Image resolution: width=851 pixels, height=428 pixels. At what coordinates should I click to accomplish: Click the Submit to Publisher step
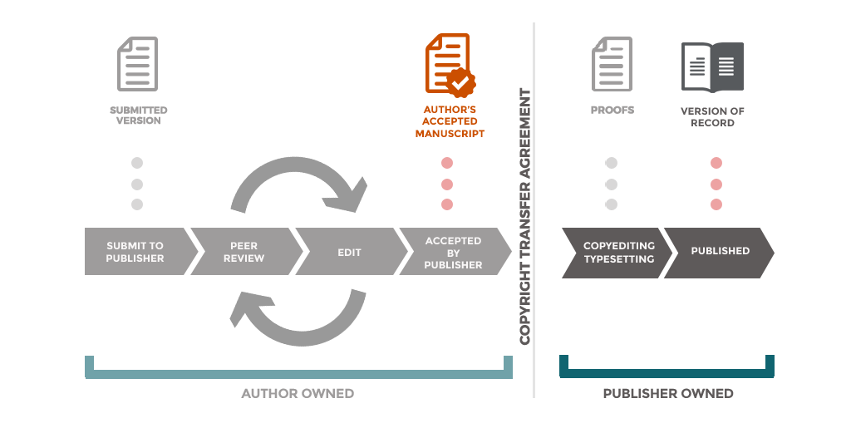(x=135, y=252)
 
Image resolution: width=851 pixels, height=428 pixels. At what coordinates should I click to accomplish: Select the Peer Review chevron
(x=243, y=252)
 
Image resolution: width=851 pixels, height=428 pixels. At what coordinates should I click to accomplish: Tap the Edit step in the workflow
(x=349, y=252)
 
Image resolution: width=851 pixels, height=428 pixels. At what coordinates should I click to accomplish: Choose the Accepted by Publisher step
(x=453, y=252)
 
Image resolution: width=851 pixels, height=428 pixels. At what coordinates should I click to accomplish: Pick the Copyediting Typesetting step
(x=612, y=252)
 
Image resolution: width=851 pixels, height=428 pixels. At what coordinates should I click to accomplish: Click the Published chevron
(x=720, y=251)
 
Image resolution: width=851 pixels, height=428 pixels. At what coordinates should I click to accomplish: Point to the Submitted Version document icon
(x=137, y=63)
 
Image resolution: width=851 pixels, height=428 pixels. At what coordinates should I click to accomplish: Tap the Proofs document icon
(x=612, y=63)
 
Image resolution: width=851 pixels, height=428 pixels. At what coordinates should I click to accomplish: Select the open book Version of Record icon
(x=712, y=66)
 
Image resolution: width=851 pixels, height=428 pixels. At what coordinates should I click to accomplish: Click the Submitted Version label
(x=138, y=116)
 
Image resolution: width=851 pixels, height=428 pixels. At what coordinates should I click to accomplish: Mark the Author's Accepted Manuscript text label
(x=450, y=121)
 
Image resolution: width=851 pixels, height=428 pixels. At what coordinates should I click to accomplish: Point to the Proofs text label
(x=612, y=110)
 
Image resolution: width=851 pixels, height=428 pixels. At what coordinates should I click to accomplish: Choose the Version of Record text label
(x=712, y=116)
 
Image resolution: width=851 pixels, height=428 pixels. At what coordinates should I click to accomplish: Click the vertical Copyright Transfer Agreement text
(x=525, y=216)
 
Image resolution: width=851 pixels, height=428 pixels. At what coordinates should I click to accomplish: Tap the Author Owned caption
(x=298, y=393)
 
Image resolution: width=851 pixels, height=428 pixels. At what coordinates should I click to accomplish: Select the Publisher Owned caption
(x=668, y=393)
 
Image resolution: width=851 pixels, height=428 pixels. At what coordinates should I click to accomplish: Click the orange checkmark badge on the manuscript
(x=460, y=81)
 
